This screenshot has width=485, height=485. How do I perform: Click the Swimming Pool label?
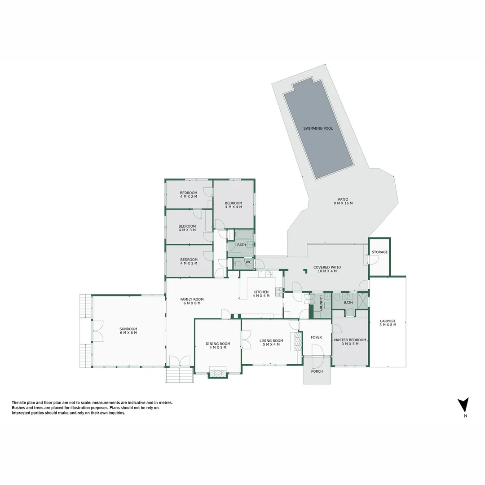(318, 128)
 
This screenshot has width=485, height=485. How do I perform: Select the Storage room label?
(379, 252)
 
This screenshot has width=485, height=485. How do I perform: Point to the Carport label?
(388, 323)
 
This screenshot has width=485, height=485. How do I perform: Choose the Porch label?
(317, 371)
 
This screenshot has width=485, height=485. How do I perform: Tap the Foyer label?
(316, 337)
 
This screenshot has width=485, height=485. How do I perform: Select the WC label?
(248, 262)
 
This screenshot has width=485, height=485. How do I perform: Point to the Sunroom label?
(128, 331)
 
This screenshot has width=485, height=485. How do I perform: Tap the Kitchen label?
(261, 294)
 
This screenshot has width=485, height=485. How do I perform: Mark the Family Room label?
(192, 301)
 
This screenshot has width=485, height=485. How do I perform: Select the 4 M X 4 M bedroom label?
(234, 205)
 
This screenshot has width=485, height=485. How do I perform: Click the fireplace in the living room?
(296, 341)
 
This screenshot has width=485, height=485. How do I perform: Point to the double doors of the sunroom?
(97, 331)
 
